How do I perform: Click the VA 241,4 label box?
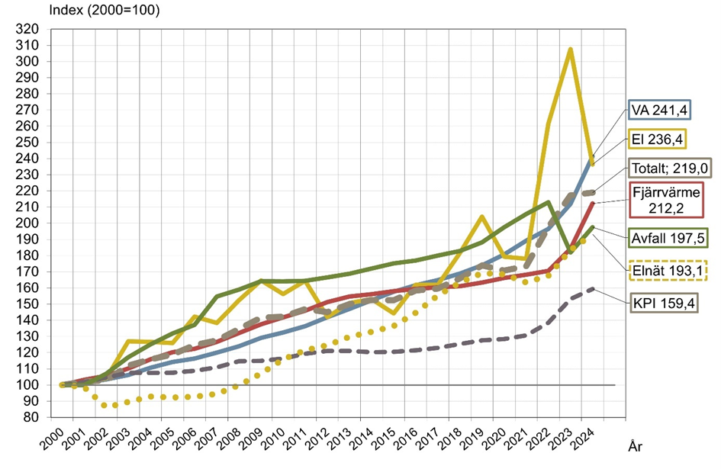(x=658, y=112)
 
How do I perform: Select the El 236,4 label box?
(x=658, y=138)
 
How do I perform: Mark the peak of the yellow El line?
(x=570, y=50)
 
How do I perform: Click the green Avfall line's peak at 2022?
(x=547, y=202)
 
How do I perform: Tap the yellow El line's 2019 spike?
(x=482, y=217)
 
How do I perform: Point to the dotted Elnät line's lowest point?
(x=114, y=406)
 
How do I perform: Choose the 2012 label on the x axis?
(x=314, y=441)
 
